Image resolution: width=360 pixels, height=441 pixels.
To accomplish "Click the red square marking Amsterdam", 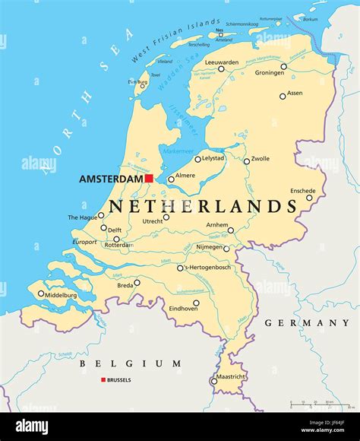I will tap(150, 179).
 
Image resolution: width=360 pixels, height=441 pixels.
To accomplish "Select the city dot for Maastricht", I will tap(213, 382).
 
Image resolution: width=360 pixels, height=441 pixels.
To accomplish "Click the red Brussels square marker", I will tap(103, 379).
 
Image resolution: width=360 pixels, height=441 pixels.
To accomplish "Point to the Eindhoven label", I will tap(183, 309).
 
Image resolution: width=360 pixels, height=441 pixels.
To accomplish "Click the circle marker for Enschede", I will tap(309, 198).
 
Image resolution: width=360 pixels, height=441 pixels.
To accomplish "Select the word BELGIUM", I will tap(131, 364).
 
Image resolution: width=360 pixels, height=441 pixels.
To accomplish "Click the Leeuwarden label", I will tap(221, 62).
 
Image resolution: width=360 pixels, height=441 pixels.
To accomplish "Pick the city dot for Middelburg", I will tap(41, 293).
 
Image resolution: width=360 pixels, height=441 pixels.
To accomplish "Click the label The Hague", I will tap(83, 217).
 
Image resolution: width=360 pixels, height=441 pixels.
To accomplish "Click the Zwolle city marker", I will tap(246, 161).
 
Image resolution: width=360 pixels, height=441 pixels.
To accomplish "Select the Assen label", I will tap(294, 93).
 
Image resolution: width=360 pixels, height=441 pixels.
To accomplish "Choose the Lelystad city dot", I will tap(197, 159).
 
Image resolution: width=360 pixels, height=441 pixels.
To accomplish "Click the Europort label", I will tap(84, 242).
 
